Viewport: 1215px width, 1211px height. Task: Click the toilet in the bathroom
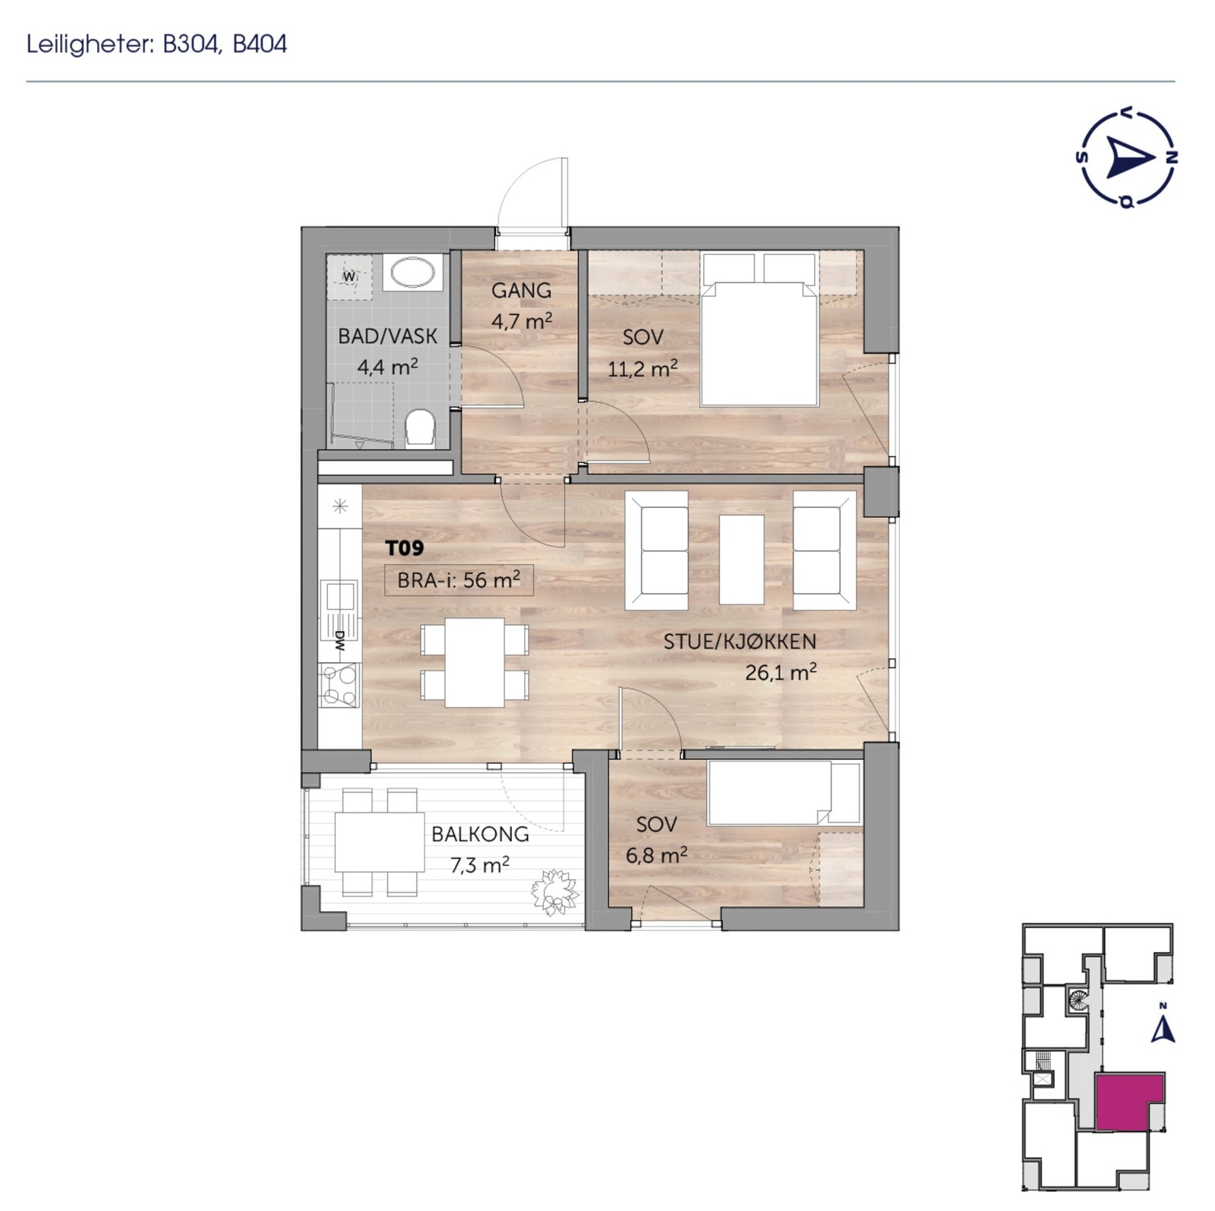click(419, 428)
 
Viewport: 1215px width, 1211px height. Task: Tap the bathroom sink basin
click(412, 272)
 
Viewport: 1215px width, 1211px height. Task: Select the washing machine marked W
click(349, 277)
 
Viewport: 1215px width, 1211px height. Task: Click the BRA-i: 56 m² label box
click(459, 580)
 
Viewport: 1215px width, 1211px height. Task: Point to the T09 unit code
click(404, 547)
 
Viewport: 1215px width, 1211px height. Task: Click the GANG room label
click(521, 290)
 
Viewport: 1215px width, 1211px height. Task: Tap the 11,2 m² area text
click(642, 369)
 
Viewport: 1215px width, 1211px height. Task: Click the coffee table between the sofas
click(741, 559)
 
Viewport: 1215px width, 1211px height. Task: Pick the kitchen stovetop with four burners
click(339, 685)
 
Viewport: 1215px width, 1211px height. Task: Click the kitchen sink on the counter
click(339, 596)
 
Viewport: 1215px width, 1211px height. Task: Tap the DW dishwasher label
click(339, 642)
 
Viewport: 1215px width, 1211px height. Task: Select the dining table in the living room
click(475, 662)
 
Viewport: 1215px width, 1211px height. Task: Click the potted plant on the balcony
click(555, 892)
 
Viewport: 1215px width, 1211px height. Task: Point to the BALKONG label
click(480, 834)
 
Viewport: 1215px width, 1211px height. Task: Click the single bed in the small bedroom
click(782, 793)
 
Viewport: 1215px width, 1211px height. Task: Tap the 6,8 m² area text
click(656, 856)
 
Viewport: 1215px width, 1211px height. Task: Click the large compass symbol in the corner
click(1127, 159)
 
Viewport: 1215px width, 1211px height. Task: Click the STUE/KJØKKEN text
click(740, 641)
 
